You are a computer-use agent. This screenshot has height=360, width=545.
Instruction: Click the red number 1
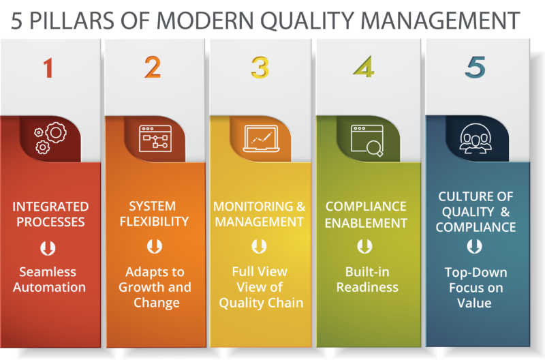[x=48, y=68]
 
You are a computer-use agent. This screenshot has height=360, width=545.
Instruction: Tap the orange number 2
[x=153, y=67]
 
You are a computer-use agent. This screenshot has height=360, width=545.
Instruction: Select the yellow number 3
[x=260, y=67]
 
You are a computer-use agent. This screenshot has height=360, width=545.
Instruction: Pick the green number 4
[x=365, y=67]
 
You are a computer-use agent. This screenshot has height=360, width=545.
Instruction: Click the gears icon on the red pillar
[x=48, y=137]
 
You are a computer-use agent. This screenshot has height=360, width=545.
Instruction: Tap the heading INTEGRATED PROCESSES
[x=51, y=214]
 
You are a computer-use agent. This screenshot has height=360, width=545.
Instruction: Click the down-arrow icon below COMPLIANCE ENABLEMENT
[x=367, y=246]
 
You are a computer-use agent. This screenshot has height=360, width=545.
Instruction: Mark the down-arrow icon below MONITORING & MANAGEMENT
[x=259, y=246]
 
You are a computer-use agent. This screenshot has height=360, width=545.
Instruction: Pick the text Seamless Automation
[x=49, y=279]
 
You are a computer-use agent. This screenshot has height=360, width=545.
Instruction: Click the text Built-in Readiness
[x=367, y=279]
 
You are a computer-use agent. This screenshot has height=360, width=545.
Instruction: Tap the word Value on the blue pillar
[x=474, y=303]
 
